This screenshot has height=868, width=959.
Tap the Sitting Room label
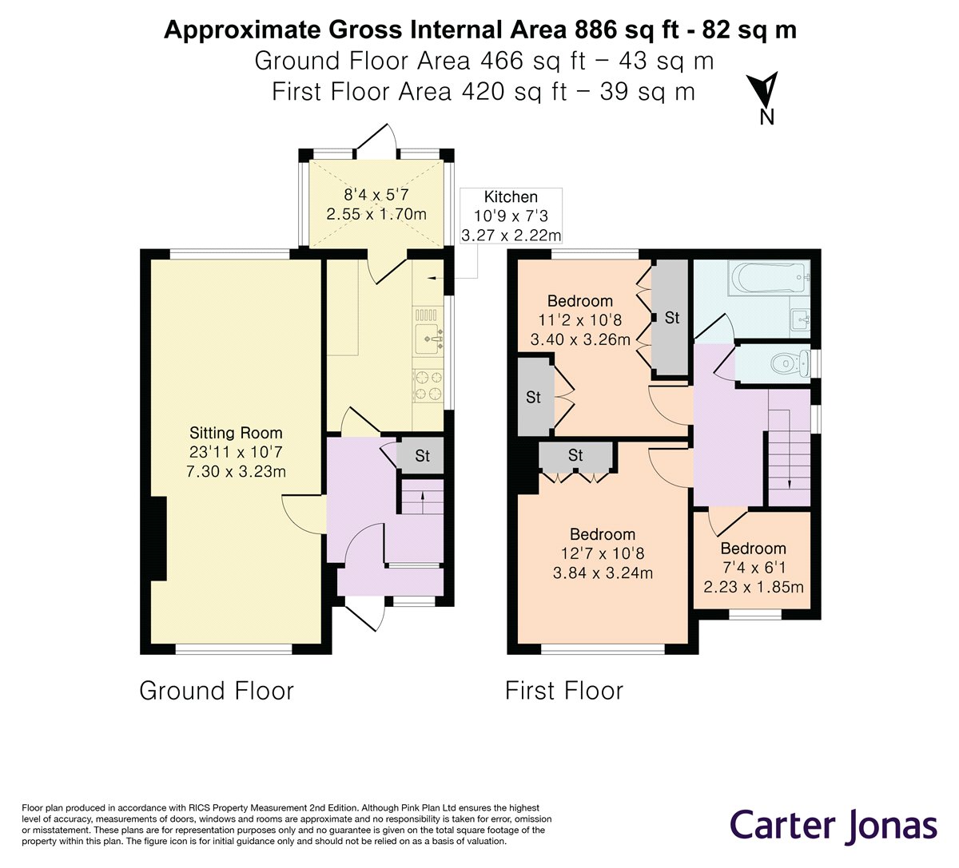pyautogui.click(x=236, y=433)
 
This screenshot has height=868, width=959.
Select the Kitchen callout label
pyautogui.click(x=511, y=196)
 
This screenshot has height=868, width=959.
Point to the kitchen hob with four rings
pyautogui.click(x=428, y=383)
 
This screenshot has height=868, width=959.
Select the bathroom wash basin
pyautogui.click(x=800, y=319)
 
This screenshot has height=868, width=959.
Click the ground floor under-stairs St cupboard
pyautogui.click(x=421, y=456)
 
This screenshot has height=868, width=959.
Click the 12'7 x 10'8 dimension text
pyautogui.click(x=603, y=553)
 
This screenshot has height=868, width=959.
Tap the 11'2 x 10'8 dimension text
pyautogui.click(x=580, y=320)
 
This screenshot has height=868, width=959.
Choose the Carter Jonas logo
pyautogui.click(x=834, y=825)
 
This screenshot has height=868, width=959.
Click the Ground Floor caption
pyautogui.click(x=217, y=691)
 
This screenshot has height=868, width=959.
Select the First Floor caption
pyautogui.click(x=564, y=691)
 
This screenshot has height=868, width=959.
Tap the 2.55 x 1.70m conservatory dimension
pyautogui.click(x=376, y=214)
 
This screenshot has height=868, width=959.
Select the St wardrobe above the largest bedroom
pyautogui.click(x=575, y=455)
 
